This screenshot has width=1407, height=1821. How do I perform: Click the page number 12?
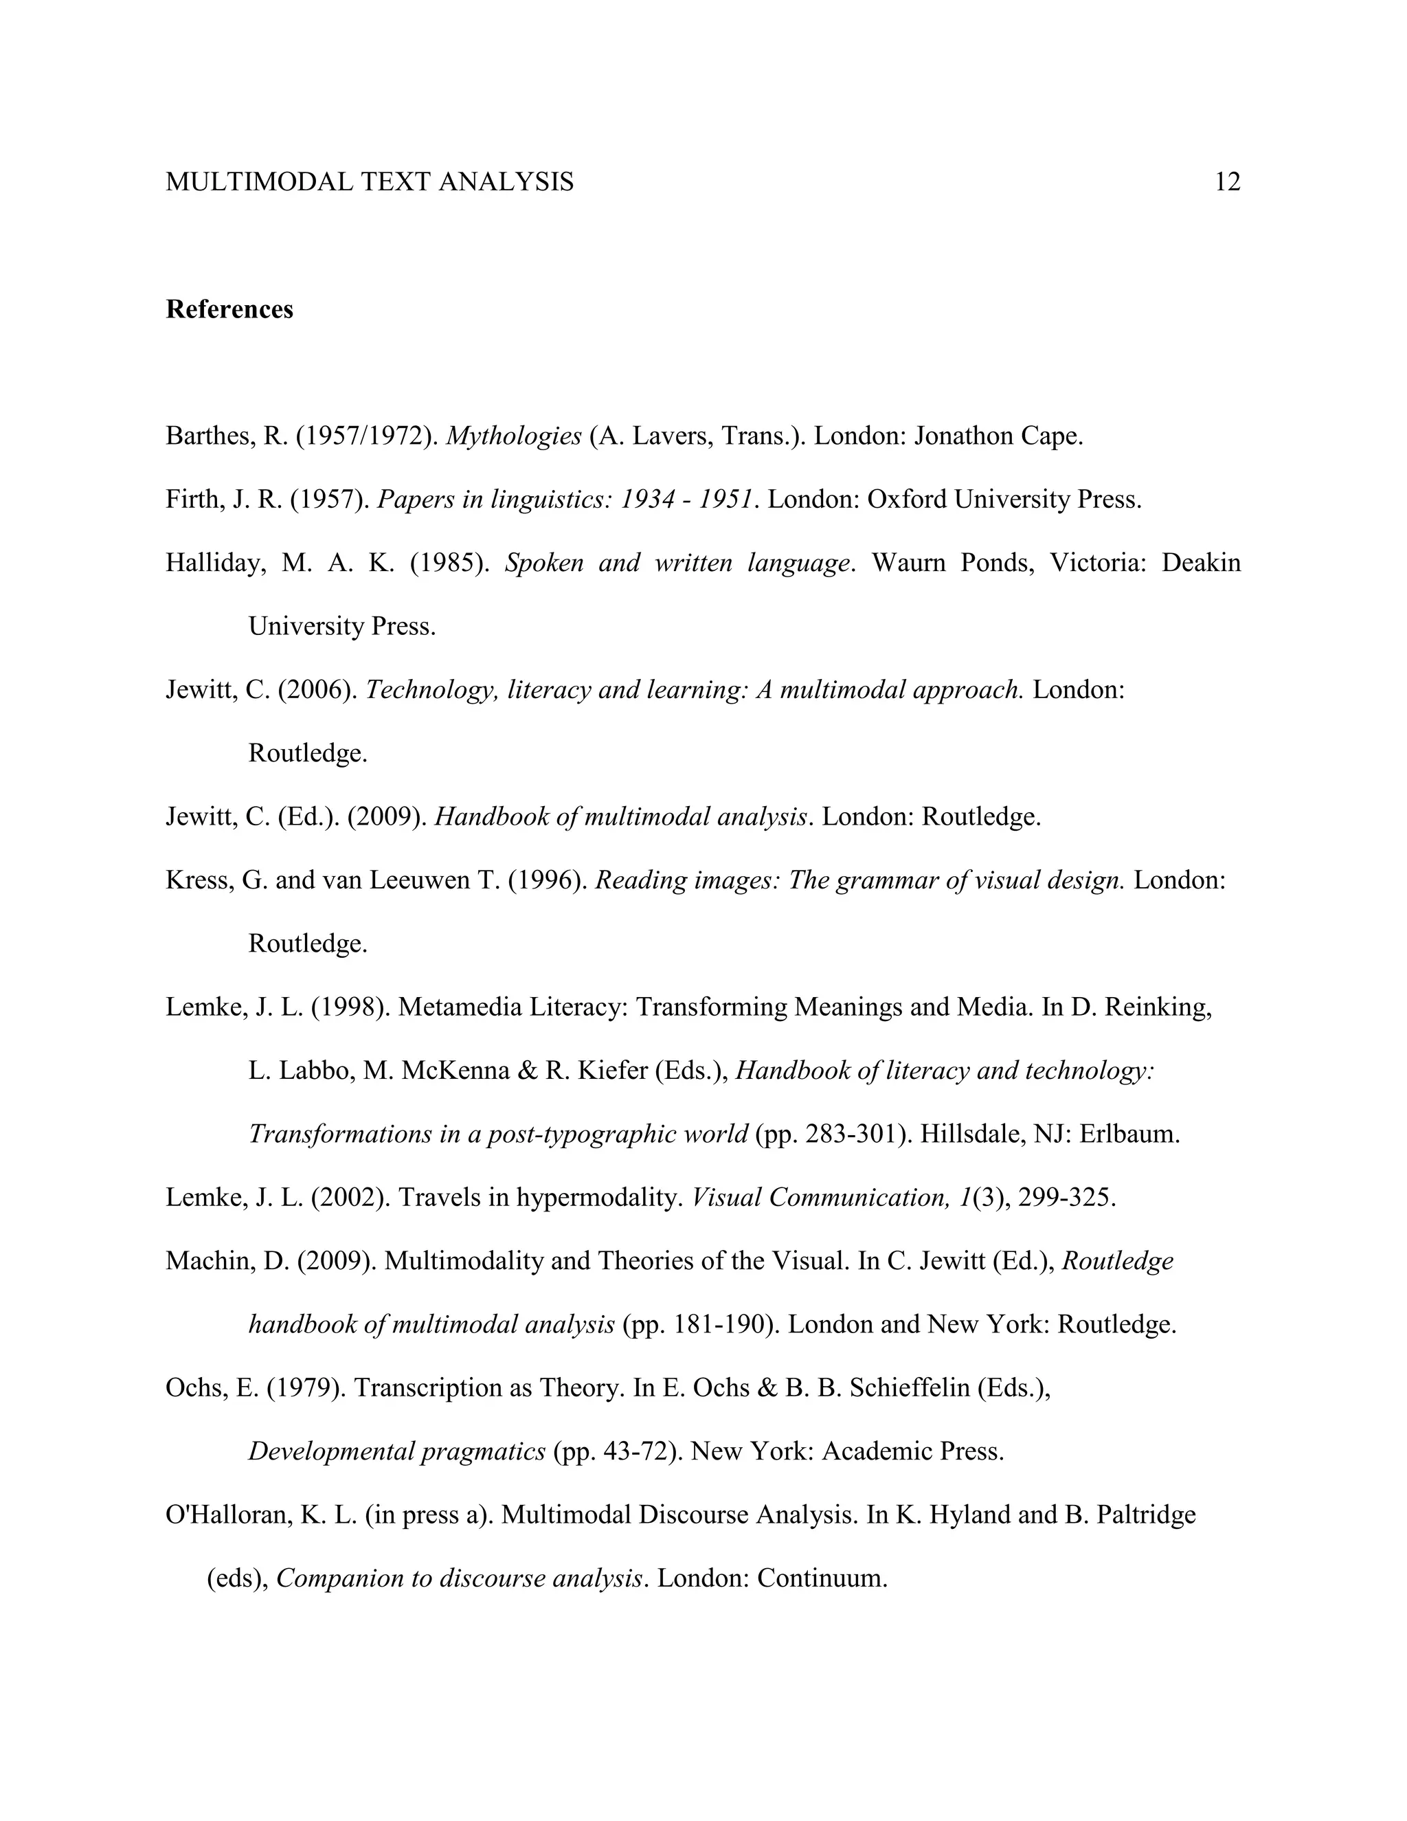[x=1227, y=182]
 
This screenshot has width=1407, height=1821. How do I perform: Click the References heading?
[x=229, y=309]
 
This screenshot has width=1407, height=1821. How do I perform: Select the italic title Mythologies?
[x=513, y=436]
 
